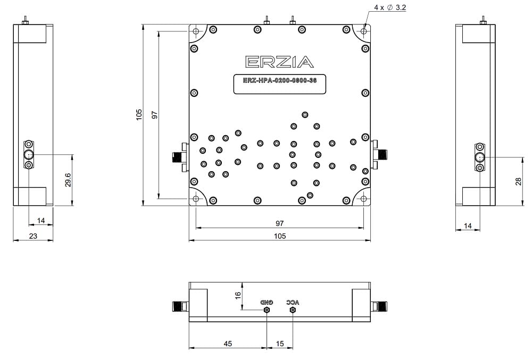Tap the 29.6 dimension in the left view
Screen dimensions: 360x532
[x=68, y=181]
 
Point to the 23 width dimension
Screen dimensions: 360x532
[x=33, y=236]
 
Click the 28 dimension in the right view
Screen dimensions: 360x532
[x=518, y=181]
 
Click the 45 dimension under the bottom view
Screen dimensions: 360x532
[x=227, y=344]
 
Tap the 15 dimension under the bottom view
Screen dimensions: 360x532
[x=280, y=344]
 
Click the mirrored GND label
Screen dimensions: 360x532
[x=267, y=302]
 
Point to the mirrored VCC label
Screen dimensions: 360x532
[x=293, y=302]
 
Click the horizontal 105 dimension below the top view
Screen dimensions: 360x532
[x=280, y=236]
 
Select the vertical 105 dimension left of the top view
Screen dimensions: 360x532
[x=139, y=115]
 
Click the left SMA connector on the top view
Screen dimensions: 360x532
[x=177, y=157]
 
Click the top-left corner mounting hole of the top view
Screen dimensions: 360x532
[x=196, y=31]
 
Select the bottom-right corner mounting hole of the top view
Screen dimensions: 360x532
[x=364, y=199]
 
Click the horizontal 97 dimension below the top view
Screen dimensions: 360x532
[x=280, y=223]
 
